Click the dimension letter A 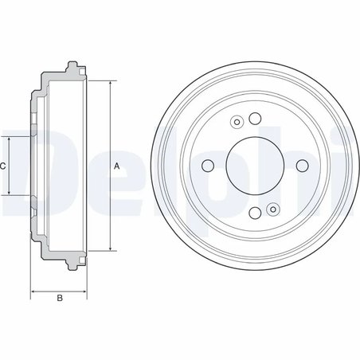117,166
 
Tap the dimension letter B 59,299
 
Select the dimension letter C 3,166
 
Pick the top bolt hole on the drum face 255,119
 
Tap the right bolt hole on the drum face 301,166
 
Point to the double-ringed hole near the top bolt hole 237,123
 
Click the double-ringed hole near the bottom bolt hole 273,209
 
